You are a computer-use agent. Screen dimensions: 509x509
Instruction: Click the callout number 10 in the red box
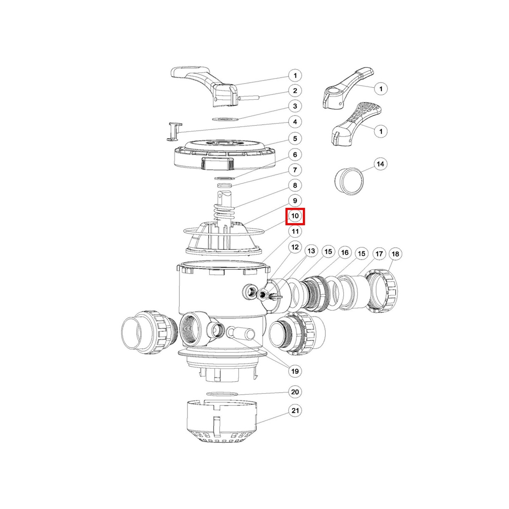(x=295, y=216)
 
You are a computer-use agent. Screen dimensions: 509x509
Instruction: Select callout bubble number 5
(x=295, y=139)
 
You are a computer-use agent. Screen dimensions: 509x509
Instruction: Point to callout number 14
(x=380, y=164)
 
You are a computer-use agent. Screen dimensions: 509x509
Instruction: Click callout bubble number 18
(x=395, y=254)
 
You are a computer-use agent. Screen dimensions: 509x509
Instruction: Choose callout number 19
(x=295, y=371)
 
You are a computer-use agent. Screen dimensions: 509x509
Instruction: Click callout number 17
(x=379, y=254)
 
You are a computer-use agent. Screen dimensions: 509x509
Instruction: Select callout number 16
(x=345, y=253)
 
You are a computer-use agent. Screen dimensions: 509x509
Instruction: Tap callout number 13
(x=311, y=251)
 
